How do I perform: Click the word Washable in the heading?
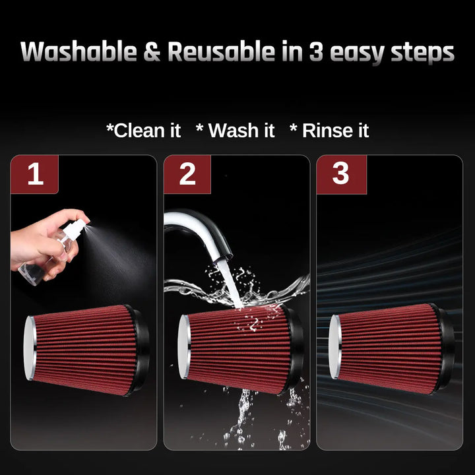point(79,51)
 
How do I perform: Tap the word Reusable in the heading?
point(221,51)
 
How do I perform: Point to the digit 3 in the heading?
point(316,51)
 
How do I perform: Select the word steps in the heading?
point(423,53)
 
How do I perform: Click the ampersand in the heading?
point(152,51)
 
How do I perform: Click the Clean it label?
point(144,131)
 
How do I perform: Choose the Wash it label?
point(235,131)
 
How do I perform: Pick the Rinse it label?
point(329,131)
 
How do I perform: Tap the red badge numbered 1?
point(34,174)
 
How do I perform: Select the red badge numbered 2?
point(187,174)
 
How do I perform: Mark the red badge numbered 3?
point(342,174)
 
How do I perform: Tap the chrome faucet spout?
point(200,230)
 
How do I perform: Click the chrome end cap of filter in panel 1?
point(30,348)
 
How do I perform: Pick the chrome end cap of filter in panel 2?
point(184,347)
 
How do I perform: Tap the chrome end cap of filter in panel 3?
point(335,347)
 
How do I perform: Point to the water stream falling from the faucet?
point(230,285)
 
